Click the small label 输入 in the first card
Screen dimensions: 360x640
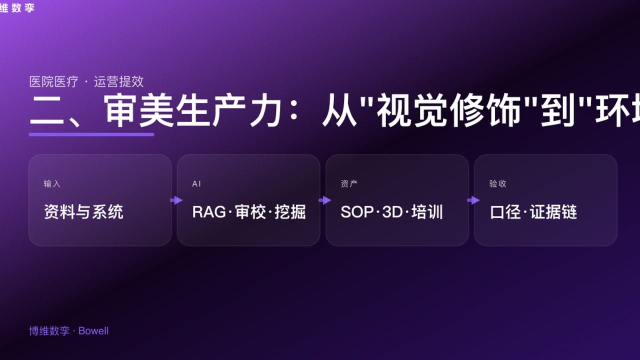pos(52,184)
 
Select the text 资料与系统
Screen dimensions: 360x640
pos(83,212)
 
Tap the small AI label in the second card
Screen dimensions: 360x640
pos(196,184)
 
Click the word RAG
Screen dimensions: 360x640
pos(209,212)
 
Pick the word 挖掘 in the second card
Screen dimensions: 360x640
pos(290,212)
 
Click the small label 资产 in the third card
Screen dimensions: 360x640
pos(349,184)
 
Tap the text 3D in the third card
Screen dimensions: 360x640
pos(392,212)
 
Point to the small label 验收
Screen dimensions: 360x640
pos(497,184)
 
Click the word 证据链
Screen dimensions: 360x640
pos(553,212)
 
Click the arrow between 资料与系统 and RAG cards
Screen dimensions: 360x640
pos(176,200)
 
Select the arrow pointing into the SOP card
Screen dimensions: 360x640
pos(324,200)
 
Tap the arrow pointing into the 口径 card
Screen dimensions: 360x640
pos(473,200)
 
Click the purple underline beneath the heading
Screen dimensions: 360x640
pos(91,134)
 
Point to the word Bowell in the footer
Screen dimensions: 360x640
pos(93,331)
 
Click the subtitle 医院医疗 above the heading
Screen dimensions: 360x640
pos(54,81)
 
